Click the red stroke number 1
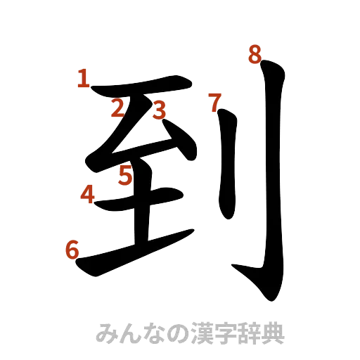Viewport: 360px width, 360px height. tap(84, 79)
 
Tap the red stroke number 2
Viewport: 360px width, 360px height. tap(117, 108)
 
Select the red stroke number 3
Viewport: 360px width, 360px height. tap(159, 109)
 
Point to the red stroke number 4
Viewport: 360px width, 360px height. tap(87, 193)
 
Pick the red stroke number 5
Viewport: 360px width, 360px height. tap(125, 175)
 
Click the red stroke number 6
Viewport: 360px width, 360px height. tap(71, 250)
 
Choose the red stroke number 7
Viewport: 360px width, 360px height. tap(216, 103)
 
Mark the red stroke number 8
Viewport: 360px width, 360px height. tap(255, 54)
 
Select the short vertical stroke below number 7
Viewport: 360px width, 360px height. tap(228, 169)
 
